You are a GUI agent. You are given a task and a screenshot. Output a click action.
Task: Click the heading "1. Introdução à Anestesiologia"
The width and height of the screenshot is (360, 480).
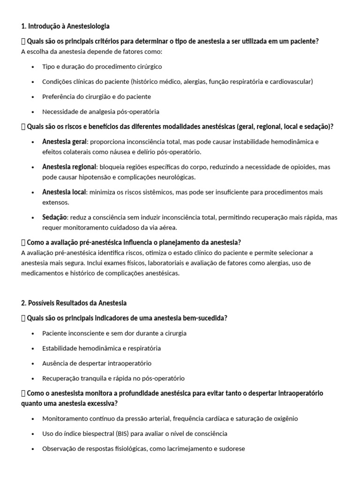click(x=65, y=26)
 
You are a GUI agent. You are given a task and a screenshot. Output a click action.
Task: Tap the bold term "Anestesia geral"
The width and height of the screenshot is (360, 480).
click(x=64, y=142)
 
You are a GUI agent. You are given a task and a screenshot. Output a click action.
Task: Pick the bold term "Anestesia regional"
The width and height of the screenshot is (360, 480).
click(x=69, y=167)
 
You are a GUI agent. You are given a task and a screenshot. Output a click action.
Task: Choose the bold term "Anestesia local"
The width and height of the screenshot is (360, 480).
click(x=64, y=192)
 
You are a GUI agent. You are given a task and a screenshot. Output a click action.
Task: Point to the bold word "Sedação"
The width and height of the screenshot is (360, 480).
click(x=55, y=217)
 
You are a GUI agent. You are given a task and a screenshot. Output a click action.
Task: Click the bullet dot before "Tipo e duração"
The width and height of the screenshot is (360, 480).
click(x=32, y=67)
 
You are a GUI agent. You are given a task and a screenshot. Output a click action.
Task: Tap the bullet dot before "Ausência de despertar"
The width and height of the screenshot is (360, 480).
click(x=32, y=364)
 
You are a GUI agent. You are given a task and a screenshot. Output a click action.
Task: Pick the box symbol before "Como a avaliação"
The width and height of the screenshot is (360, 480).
click(x=23, y=242)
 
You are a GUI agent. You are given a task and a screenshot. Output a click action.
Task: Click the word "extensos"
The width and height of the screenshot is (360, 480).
click(x=55, y=202)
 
